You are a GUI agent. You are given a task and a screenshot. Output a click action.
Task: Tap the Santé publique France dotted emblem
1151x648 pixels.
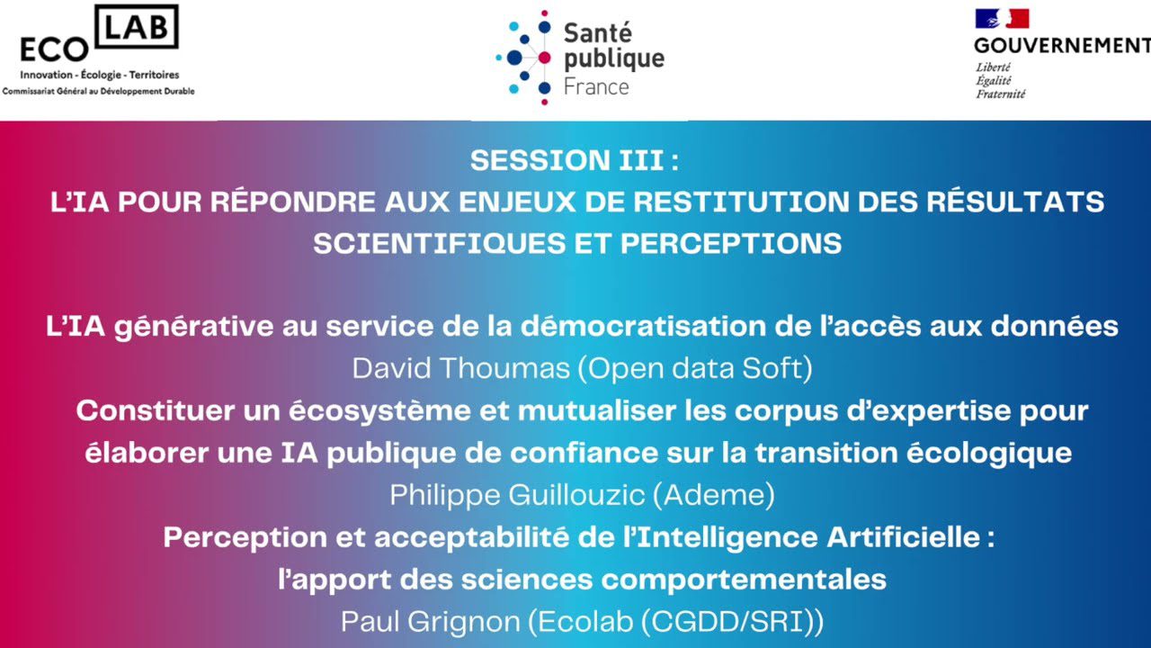click(x=523, y=58)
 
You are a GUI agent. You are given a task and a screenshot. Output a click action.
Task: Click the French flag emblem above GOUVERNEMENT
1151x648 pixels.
click(x=1002, y=19)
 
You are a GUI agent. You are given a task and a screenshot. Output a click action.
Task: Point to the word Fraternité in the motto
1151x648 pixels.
click(x=1001, y=94)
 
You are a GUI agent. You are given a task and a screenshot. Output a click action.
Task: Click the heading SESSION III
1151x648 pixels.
click(x=574, y=160)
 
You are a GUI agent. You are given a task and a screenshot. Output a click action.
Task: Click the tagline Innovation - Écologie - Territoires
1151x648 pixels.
click(x=100, y=75)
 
